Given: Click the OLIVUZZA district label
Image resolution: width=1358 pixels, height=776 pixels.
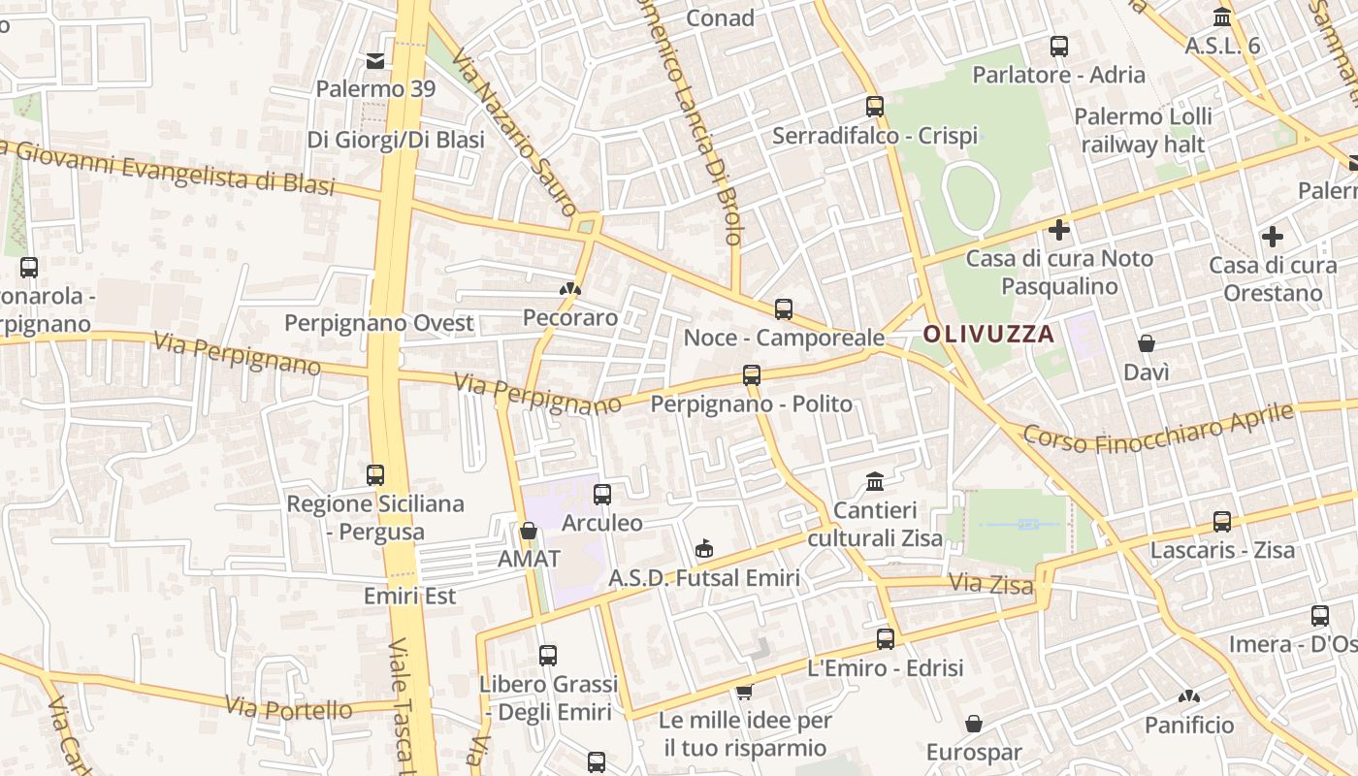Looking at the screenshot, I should pyautogui.click(x=987, y=335).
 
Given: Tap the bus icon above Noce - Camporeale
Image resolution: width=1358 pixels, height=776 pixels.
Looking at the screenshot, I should pyautogui.click(x=784, y=309).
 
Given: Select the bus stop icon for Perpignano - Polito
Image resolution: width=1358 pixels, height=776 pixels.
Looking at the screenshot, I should pyautogui.click(x=751, y=374).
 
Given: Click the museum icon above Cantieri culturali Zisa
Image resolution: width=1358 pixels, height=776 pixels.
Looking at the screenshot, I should pyautogui.click(x=875, y=481).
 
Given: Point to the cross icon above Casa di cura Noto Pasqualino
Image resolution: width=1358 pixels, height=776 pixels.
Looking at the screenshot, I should pyautogui.click(x=1059, y=230).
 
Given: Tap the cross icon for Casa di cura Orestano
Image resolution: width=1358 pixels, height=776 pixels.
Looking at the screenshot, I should pyautogui.click(x=1272, y=236).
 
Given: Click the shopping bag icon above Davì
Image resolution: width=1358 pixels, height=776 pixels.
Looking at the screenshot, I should pyautogui.click(x=1146, y=343).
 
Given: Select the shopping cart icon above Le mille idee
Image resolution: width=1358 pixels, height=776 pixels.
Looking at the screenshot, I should pyautogui.click(x=744, y=692).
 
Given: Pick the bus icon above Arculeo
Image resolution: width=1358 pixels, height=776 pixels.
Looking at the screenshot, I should pyautogui.click(x=602, y=495).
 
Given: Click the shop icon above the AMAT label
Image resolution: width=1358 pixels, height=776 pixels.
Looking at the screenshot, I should pyautogui.click(x=529, y=531).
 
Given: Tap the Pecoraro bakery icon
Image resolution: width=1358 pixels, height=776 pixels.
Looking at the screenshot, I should pyautogui.click(x=570, y=289).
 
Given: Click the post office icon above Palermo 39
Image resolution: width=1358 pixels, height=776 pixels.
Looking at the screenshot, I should pyautogui.click(x=375, y=61).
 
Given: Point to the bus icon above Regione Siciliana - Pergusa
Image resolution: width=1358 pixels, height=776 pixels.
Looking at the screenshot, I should pyautogui.click(x=375, y=475).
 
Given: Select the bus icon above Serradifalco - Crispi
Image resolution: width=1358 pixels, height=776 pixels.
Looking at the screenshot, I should pyautogui.click(x=875, y=107).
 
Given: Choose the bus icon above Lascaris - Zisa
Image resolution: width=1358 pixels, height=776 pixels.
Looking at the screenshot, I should pyautogui.click(x=1222, y=522).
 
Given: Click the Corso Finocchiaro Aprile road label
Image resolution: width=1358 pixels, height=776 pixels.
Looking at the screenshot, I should pyautogui.click(x=1158, y=429).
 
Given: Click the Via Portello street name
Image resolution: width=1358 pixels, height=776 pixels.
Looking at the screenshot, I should pyautogui.click(x=289, y=707).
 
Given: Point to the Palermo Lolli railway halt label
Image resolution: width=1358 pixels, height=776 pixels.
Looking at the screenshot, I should pyautogui.click(x=1143, y=131).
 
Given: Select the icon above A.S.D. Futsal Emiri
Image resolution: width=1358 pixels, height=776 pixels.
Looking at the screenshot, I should pyautogui.click(x=704, y=550).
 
